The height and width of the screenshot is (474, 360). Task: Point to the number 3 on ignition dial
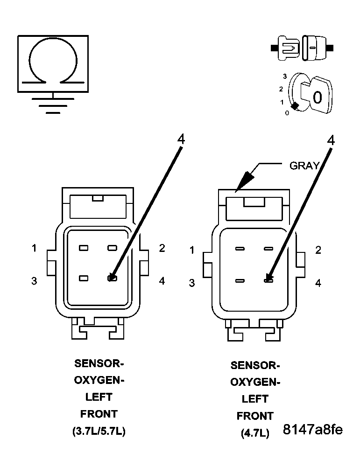(284, 75)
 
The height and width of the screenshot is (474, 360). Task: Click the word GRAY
(305, 166)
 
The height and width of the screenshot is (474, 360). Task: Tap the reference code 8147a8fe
(312, 430)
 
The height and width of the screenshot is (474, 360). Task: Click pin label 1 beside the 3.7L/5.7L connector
(34, 248)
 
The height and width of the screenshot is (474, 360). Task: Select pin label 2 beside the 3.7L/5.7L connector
(162, 248)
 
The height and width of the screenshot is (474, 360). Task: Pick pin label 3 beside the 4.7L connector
(191, 283)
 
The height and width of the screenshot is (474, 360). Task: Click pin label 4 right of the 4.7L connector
(318, 283)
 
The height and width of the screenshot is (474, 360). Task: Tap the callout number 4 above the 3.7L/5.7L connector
(181, 139)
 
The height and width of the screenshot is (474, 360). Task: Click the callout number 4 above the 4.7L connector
(331, 140)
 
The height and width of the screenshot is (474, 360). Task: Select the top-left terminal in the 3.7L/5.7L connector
(84, 248)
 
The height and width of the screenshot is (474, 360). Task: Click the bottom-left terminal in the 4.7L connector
(240, 281)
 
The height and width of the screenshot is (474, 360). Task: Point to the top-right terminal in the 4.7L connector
(268, 249)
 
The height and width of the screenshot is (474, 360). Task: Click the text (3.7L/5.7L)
(99, 431)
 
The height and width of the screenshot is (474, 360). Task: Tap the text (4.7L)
(255, 433)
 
